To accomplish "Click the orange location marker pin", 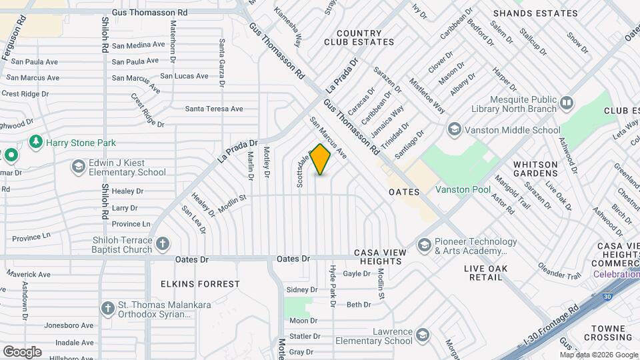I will click(x=321, y=159).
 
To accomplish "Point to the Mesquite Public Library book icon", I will click(x=567, y=103).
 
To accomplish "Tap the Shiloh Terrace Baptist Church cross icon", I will click(x=163, y=244).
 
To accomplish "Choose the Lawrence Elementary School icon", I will click(x=422, y=335).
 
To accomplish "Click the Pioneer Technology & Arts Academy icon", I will click(x=424, y=245).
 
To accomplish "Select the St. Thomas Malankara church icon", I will click(x=108, y=308).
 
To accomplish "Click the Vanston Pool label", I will click(x=463, y=190).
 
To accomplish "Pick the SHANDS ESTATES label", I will click(x=535, y=13).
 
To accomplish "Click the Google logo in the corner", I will click(x=22, y=351).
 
